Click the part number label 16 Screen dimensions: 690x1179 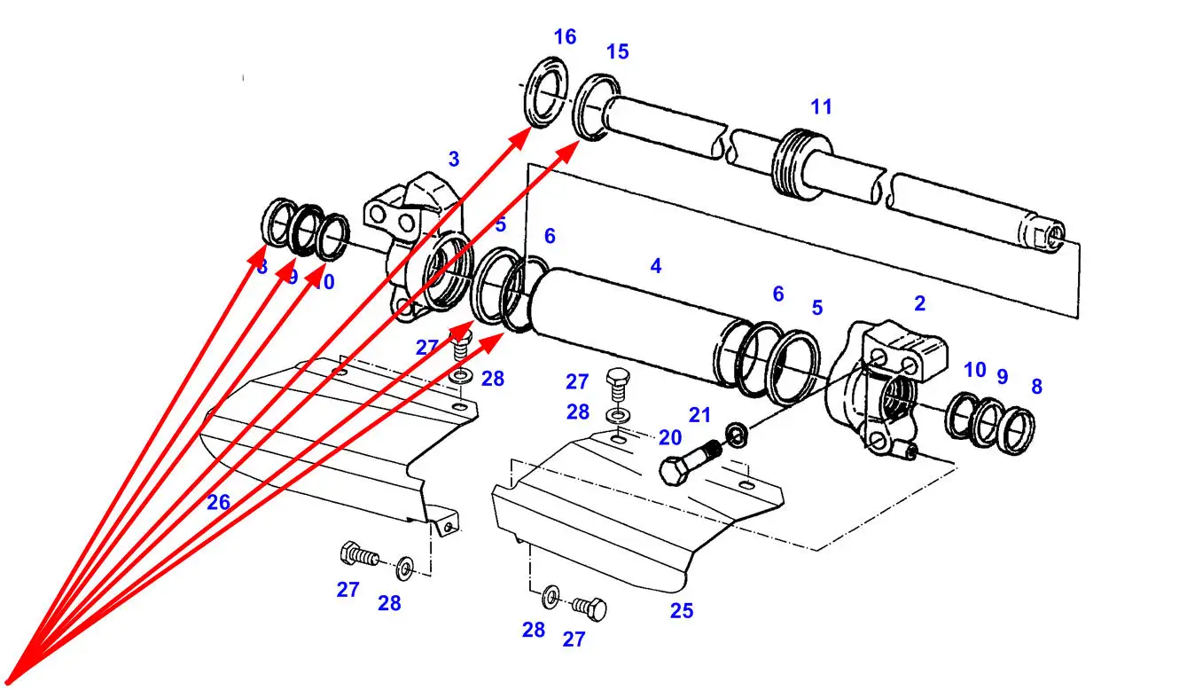tap(565, 36)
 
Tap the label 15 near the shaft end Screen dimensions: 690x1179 tap(617, 51)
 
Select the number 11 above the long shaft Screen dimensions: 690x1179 tap(821, 106)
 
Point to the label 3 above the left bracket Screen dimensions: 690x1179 tap(454, 160)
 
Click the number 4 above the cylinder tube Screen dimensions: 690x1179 tap(656, 265)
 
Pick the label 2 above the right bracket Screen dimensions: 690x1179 tap(919, 303)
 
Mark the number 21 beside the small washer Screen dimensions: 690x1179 tap(699, 414)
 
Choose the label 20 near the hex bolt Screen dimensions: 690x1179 tap(669, 436)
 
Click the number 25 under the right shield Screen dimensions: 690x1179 tap(682, 611)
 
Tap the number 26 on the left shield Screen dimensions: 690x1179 tap(218, 503)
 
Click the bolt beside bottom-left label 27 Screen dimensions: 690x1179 tap(358, 555)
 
